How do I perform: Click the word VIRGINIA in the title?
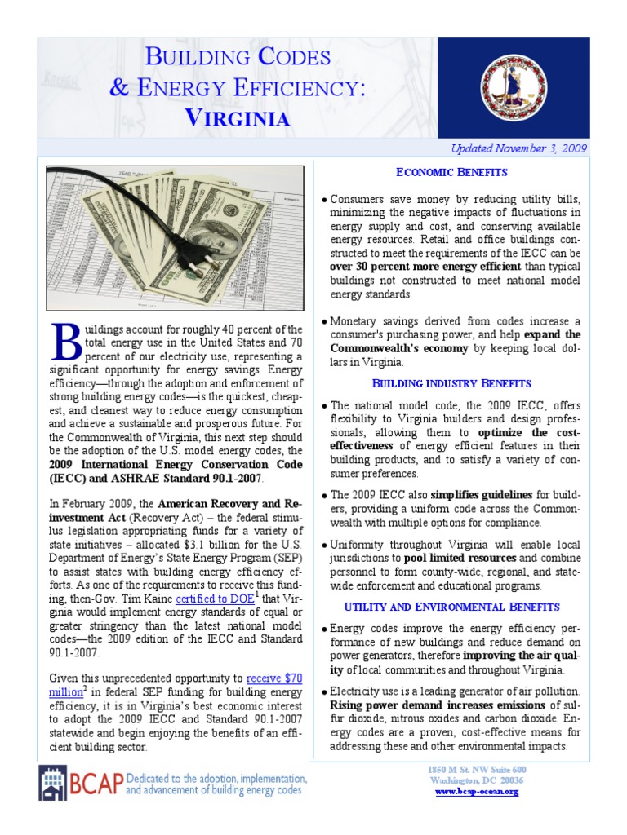coord(238,117)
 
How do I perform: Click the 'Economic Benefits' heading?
coord(451,172)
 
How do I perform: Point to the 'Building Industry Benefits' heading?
coord(451,383)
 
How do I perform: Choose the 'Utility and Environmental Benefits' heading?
coord(451,607)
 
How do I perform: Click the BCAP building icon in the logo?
coord(53,784)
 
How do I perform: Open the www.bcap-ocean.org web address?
coord(477,792)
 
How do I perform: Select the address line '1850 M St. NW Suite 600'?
coord(477,770)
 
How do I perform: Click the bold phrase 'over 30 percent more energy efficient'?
coord(425,267)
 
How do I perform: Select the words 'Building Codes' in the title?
coord(238,56)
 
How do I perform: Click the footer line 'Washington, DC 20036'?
coord(477,780)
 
